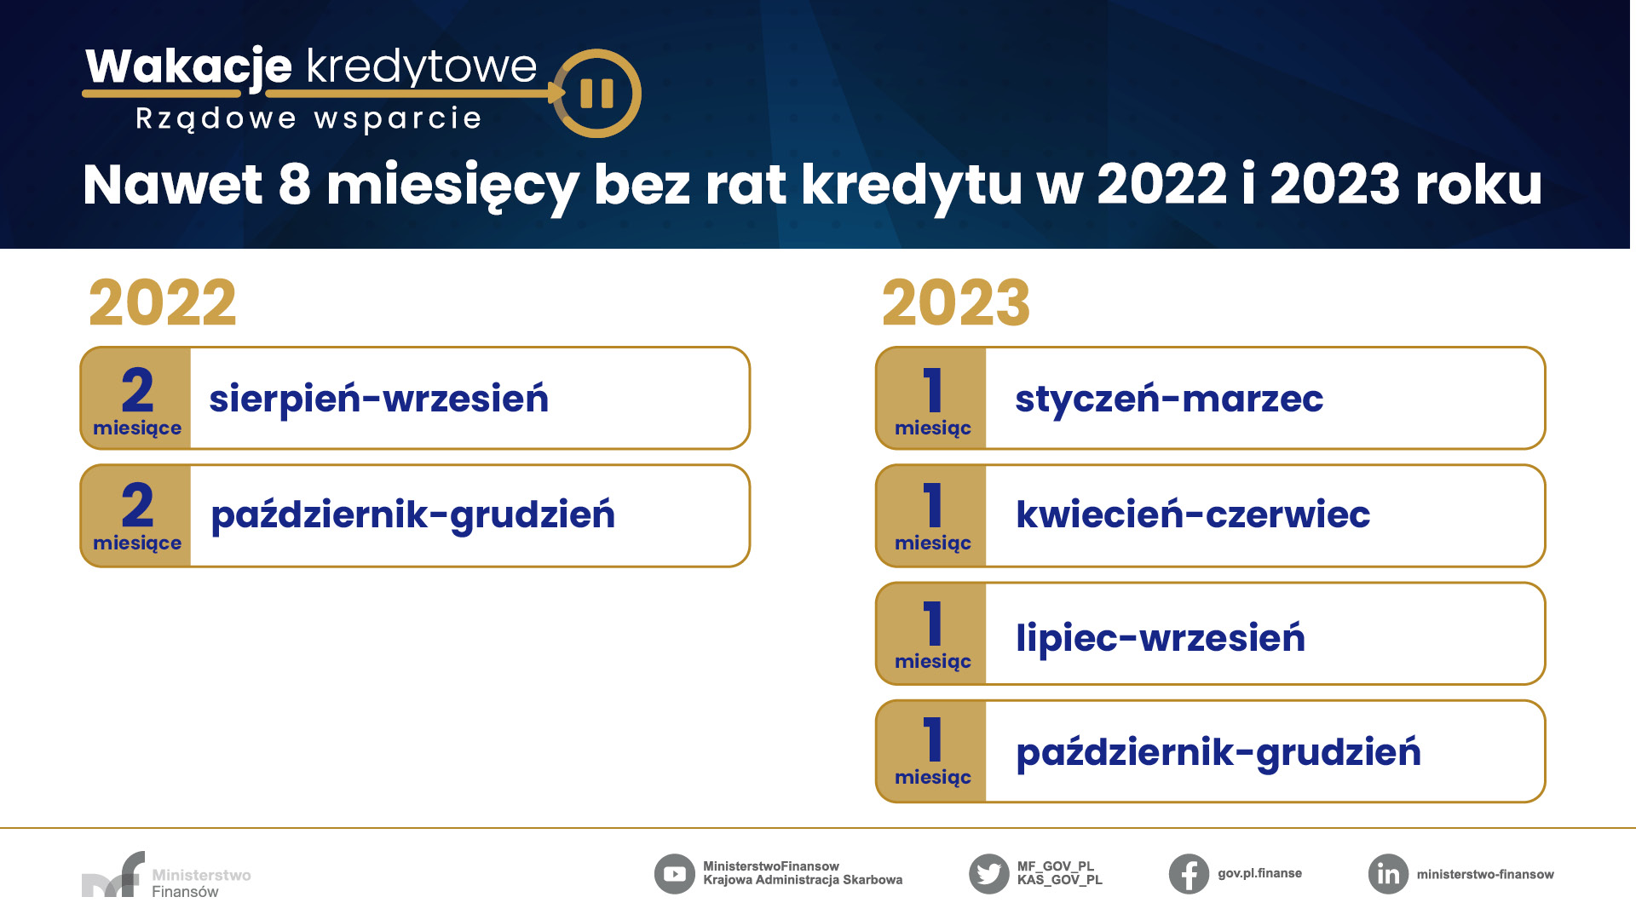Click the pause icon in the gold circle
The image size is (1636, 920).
click(x=596, y=94)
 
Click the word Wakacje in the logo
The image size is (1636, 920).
click(x=188, y=66)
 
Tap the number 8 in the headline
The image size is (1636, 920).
click(x=295, y=184)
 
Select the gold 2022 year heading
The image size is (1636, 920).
click(x=163, y=303)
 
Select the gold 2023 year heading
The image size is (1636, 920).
click(x=956, y=303)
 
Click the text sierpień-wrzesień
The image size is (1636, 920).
click(x=379, y=399)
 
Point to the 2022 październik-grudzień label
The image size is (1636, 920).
click(x=413, y=515)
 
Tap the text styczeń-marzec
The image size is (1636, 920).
click(x=1169, y=399)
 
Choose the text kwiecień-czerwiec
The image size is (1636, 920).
click(x=1193, y=515)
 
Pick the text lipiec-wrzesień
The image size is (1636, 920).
click(x=1161, y=637)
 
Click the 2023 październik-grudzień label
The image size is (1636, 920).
click(x=1218, y=753)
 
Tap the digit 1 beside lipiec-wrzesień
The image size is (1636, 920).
click(x=933, y=624)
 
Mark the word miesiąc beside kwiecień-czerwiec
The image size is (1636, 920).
click(x=933, y=543)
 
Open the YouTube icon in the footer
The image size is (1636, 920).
click(x=675, y=874)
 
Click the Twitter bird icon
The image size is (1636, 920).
click(x=989, y=874)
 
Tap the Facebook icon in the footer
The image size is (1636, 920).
click(x=1190, y=874)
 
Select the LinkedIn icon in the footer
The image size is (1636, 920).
click(x=1389, y=874)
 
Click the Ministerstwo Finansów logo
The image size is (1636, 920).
click(x=166, y=875)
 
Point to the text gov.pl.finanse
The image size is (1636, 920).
click(x=1260, y=874)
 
